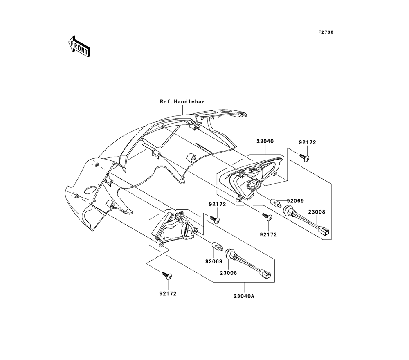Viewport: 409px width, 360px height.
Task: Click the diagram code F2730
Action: tap(325, 32)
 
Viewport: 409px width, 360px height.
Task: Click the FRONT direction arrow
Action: tap(79, 45)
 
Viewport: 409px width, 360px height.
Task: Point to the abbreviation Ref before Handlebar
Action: tap(166, 101)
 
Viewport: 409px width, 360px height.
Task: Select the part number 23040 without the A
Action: tap(265, 141)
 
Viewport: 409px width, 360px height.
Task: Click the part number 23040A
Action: tap(244, 296)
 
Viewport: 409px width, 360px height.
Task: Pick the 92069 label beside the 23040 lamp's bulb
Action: tap(295, 201)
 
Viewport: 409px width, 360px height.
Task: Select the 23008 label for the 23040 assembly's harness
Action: tap(317, 212)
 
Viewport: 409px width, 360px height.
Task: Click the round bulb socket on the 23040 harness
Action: tap(290, 211)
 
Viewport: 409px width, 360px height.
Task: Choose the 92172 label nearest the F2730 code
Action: tap(308, 143)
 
